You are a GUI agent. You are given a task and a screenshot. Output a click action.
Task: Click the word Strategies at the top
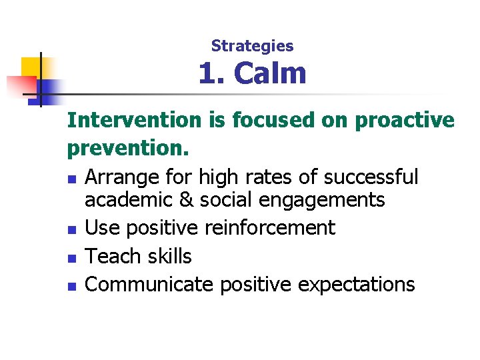point(252,46)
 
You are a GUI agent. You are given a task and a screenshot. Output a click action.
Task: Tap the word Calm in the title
point(271,73)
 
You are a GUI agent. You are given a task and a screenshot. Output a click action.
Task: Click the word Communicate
point(149,285)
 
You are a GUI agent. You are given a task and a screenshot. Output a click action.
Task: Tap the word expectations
point(356,285)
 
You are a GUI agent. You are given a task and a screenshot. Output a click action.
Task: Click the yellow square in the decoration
point(31,67)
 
